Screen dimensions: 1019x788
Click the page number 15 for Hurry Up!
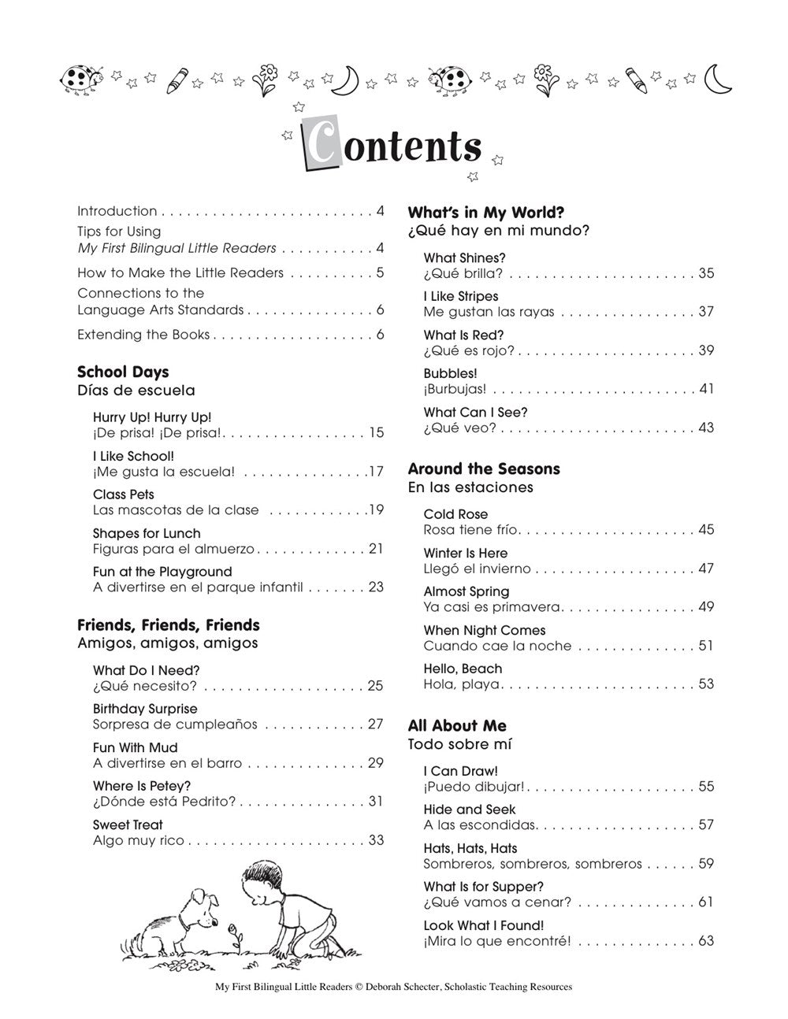coord(375,432)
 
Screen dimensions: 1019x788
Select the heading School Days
coord(123,372)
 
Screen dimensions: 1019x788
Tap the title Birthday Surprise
coord(145,709)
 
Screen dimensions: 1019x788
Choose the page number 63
coord(705,941)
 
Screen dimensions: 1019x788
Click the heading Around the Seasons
coord(484,469)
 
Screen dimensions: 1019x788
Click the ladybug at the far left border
coord(80,78)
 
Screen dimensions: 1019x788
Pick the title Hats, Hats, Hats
coord(470,848)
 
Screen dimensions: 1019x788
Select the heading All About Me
coord(457,726)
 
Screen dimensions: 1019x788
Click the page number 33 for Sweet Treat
coord(375,840)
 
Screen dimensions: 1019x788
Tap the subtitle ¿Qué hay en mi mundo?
coord(499,231)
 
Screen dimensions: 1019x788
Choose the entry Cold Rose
coord(455,514)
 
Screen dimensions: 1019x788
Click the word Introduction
coord(117,211)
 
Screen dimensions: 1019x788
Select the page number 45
coord(705,530)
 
